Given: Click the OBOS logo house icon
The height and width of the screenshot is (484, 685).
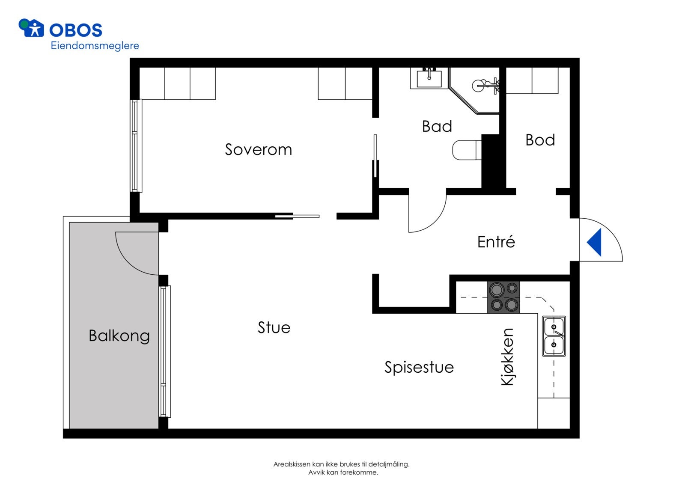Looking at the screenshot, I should [31, 28].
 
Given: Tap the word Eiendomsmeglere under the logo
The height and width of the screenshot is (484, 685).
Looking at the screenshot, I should [95, 46].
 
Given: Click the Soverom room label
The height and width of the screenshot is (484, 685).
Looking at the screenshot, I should [258, 149].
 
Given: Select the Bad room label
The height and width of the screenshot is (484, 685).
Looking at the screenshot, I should [437, 126].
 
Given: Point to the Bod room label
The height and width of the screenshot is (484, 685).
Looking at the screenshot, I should [540, 140].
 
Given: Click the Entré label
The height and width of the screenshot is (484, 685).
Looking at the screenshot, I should [496, 242].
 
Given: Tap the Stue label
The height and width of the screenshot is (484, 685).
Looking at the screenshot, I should [274, 327].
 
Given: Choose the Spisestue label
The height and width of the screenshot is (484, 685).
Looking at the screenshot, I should [419, 367].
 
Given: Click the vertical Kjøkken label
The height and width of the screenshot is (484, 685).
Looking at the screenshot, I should [507, 357].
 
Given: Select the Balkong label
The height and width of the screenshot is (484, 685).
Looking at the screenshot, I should [119, 336].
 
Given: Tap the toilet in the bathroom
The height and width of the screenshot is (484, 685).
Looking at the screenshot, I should [466, 150].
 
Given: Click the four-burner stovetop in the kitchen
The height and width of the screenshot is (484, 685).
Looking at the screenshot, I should [503, 297].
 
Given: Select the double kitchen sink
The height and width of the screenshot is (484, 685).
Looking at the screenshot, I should [554, 336].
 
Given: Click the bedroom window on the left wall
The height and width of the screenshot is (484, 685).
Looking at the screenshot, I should [136, 145].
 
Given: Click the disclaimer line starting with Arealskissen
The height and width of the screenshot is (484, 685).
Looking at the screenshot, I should [341, 464].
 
